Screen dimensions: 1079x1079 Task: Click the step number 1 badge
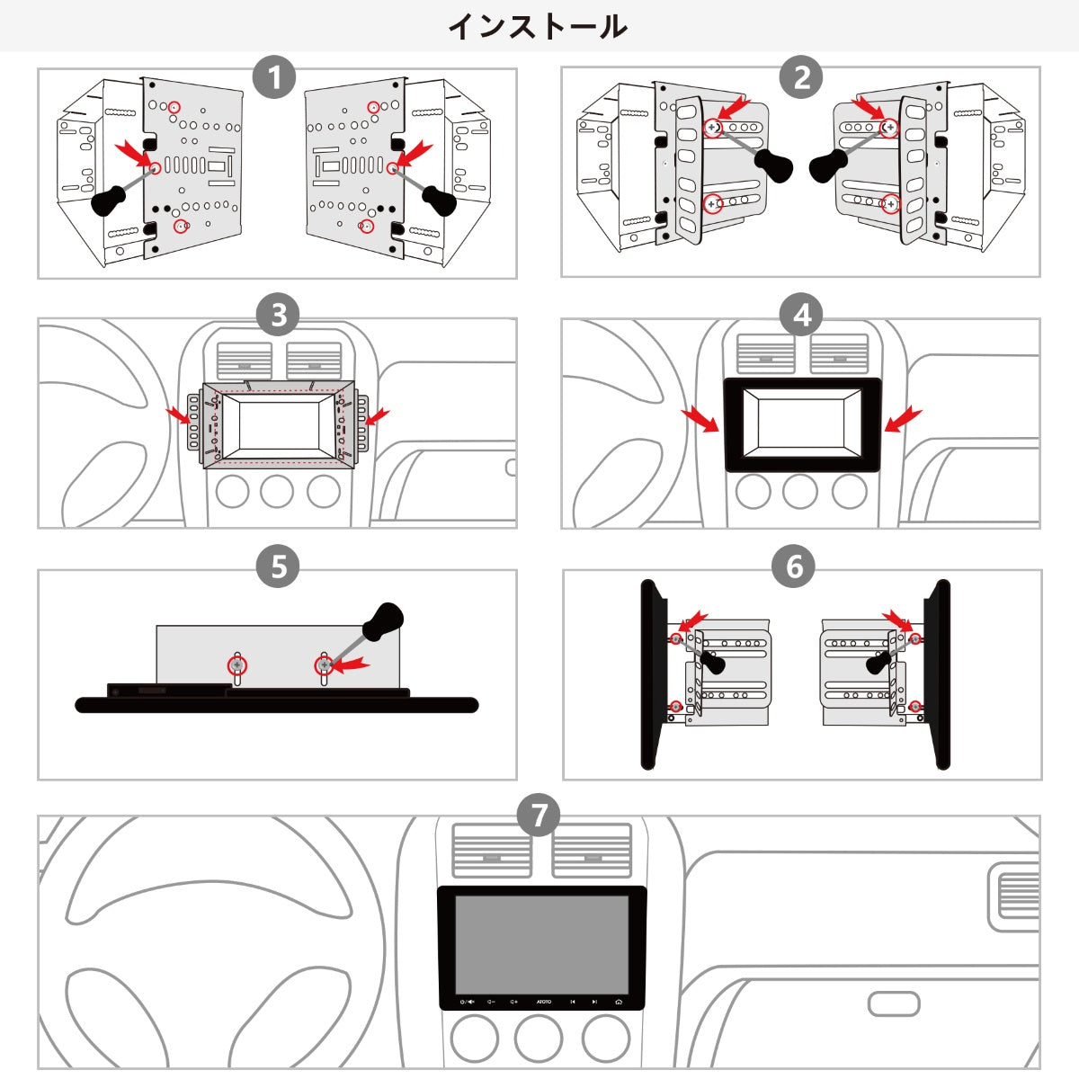point(274,77)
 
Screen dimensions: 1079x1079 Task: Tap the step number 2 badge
point(801,77)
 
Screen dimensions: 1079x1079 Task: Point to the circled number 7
point(539,816)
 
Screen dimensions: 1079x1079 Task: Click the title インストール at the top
point(538,26)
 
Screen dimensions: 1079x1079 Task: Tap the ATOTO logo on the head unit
point(544,1002)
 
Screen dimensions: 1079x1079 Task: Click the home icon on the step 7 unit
point(619,1002)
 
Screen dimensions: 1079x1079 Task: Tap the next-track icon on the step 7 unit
point(594,1002)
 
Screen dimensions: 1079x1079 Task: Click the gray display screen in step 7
point(541,944)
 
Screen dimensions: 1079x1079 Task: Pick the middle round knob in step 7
point(538,1039)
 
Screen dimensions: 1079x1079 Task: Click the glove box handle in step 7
point(894,1003)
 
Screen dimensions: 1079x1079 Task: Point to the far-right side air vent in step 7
point(1015,896)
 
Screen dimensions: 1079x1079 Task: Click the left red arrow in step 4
point(701,420)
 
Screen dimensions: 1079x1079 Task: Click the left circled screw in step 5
point(236,665)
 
